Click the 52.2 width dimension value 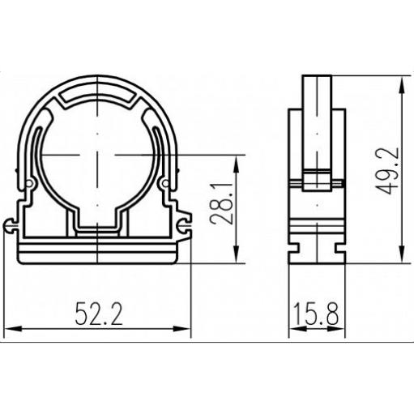tap(99, 314)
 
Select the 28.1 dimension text tap(221, 204)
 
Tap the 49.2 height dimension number tap(388, 171)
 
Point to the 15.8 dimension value tap(316, 314)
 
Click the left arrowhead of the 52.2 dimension tap(13, 329)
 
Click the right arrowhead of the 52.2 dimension tap(182, 329)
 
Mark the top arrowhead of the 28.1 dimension tap(237, 164)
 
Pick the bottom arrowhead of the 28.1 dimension tap(237, 254)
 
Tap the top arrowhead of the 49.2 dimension tap(403, 84)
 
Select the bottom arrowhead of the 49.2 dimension tap(403, 254)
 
